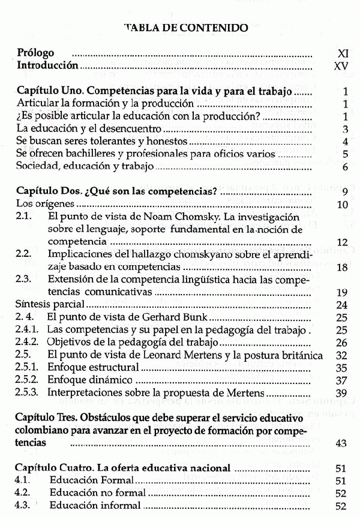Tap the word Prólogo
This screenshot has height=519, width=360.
pos(36,53)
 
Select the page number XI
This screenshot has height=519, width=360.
pos(343,53)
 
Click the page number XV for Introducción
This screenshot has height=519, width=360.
pos(341,65)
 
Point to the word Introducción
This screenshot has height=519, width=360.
pos(48,65)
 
